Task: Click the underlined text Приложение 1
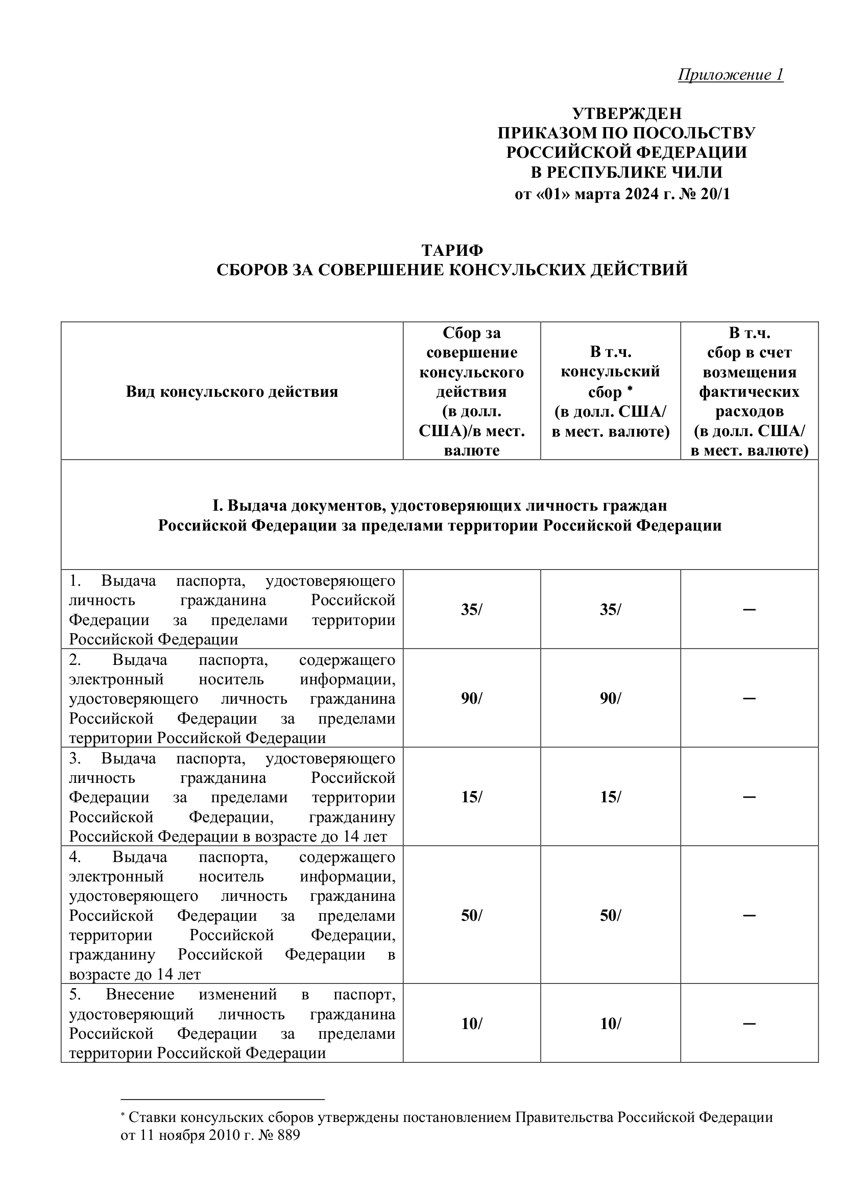pyautogui.click(x=730, y=75)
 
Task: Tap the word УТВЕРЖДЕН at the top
pyautogui.click(x=626, y=113)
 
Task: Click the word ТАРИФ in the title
pyautogui.click(x=452, y=250)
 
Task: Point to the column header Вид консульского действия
pyautogui.click(x=232, y=392)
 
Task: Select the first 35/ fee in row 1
pyautogui.click(x=471, y=609)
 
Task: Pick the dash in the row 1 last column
pyautogui.click(x=749, y=609)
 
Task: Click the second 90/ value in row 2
pyautogui.click(x=610, y=699)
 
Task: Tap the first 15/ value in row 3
pyautogui.click(x=471, y=797)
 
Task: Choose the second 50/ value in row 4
pyautogui.click(x=610, y=915)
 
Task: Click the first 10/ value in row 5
pyautogui.click(x=471, y=1024)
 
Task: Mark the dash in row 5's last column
pyautogui.click(x=749, y=1024)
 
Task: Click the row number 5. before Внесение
pyautogui.click(x=75, y=995)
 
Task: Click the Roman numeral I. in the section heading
pyautogui.click(x=217, y=506)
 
